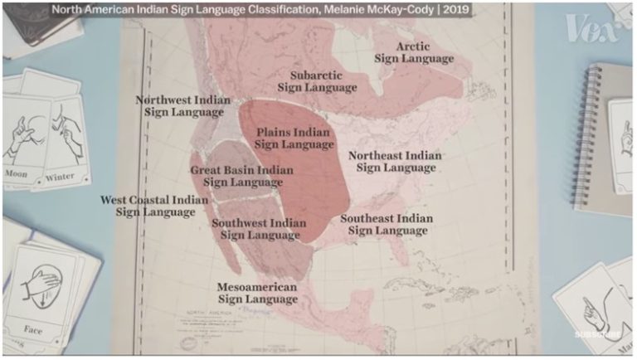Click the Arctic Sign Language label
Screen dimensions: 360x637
(414, 52)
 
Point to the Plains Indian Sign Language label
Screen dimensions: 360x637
(293, 138)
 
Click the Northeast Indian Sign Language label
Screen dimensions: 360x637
(395, 161)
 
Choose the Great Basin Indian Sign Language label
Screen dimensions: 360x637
(241, 176)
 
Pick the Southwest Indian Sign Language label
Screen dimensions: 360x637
(259, 229)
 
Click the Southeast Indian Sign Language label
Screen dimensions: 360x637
(387, 224)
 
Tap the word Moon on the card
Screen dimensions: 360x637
(17, 174)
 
